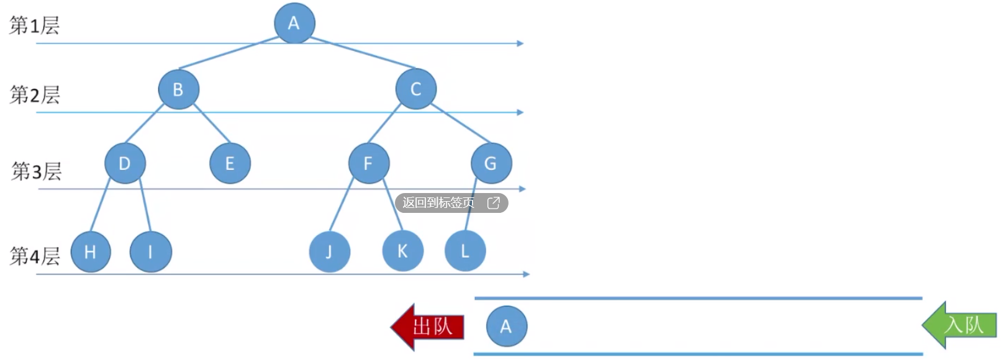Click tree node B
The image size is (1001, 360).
178,89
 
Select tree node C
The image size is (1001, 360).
416,89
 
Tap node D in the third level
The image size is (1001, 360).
125,163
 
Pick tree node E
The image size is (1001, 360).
230,163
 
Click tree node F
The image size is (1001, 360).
368,163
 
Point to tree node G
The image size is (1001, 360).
491,163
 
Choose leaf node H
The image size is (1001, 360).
91,251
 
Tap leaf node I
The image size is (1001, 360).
150,251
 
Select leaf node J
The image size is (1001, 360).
329,251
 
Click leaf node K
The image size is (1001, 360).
402,251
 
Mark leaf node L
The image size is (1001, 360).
465,251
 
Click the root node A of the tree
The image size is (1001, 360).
294,23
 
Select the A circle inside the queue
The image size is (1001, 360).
506,326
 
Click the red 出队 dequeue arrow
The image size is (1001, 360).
428,326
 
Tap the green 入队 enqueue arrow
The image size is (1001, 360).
960,325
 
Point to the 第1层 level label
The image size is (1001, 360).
35,25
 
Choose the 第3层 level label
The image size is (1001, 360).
37,171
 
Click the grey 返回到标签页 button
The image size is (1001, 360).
451,203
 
